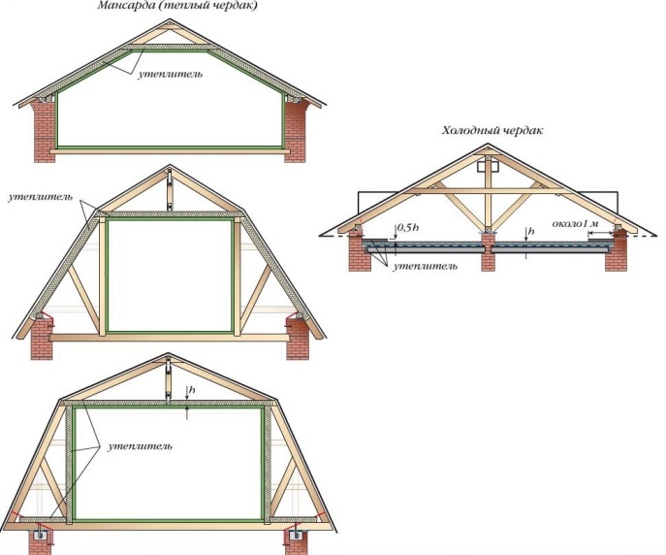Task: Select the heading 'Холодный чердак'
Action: [x=492, y=130]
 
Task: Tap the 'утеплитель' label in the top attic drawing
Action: [x=172, y=75]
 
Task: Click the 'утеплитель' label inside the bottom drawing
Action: [x=142, y=445]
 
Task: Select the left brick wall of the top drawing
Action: [x=45, y=130]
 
